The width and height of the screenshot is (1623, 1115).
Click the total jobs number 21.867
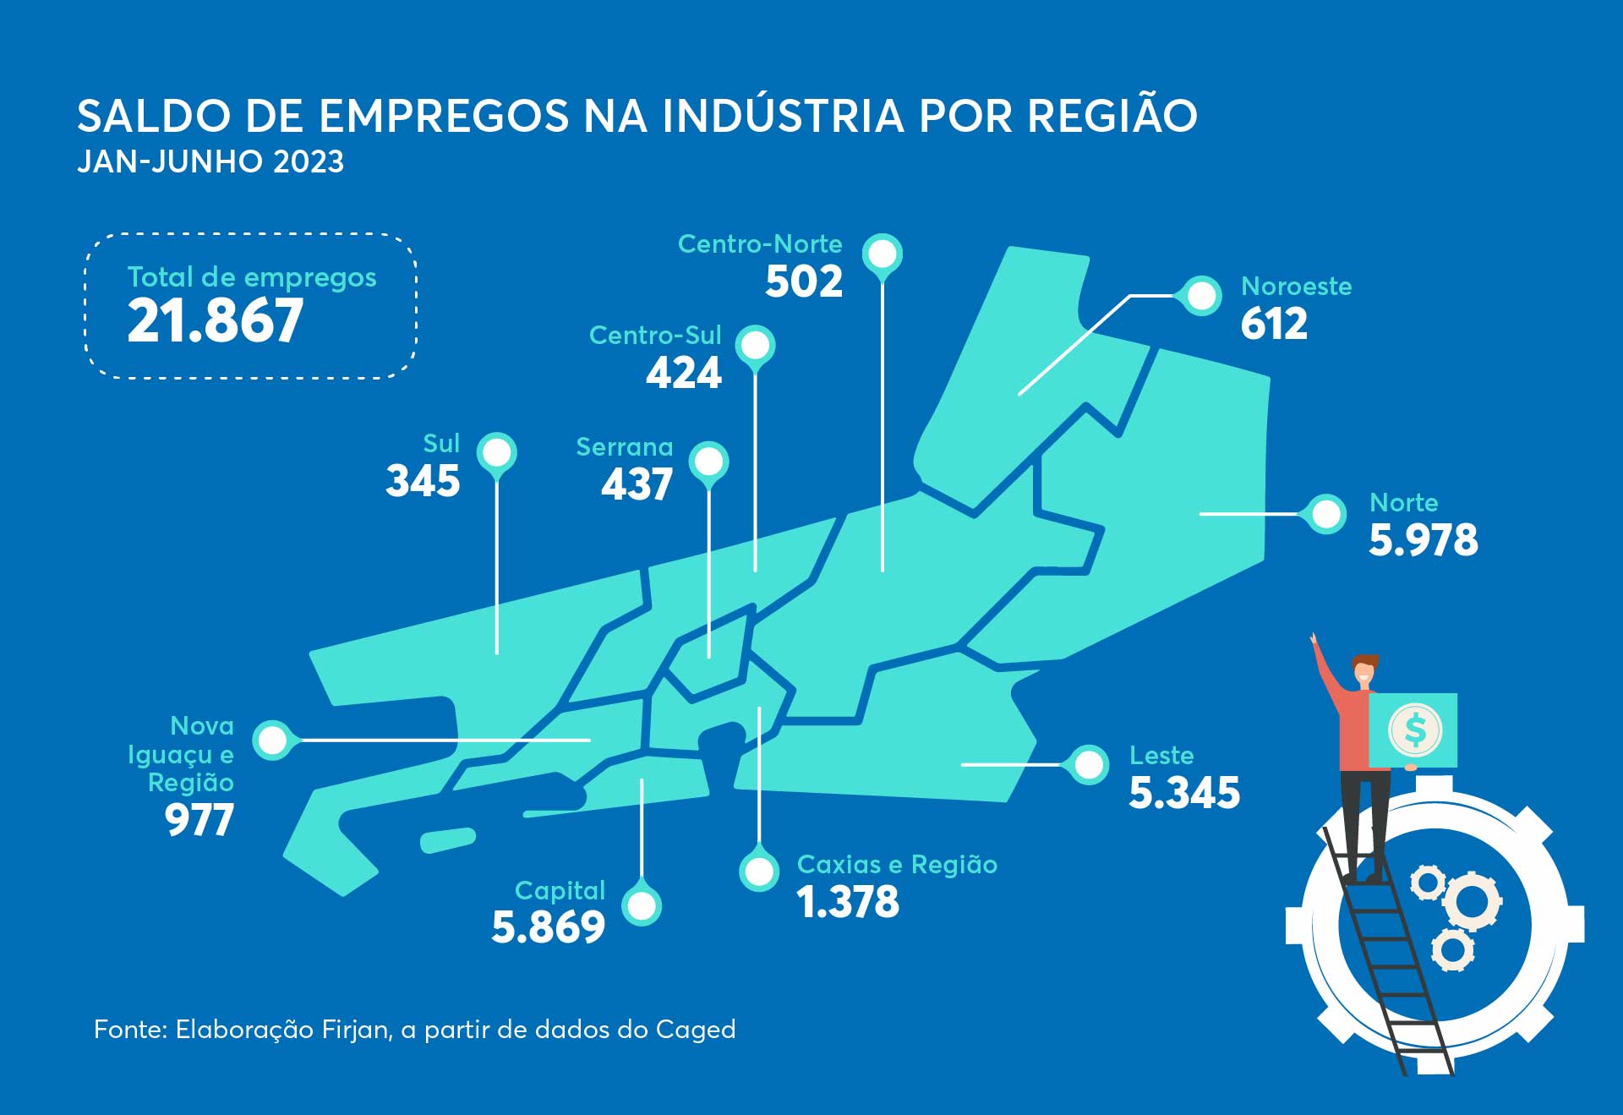[215, 321]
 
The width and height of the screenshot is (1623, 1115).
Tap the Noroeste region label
[1296, 287]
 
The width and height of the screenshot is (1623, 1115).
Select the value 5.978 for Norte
[1423, 540]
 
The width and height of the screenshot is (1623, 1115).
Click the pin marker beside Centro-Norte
[883, 254]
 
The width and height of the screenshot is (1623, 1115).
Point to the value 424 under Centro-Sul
[684, 373]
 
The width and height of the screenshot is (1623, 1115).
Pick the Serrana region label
[625, 446]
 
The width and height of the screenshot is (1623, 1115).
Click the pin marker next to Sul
[497, 453]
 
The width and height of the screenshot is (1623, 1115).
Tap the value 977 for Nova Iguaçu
[199, 820]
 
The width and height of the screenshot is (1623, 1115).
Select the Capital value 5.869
[549, 927]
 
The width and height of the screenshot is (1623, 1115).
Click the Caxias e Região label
[897, 865]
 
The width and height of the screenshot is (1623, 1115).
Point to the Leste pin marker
[1089, 765]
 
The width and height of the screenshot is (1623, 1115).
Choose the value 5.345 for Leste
[1184, 793]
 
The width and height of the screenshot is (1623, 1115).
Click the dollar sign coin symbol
[1414, 730]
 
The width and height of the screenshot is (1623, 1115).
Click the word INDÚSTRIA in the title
[783, 116]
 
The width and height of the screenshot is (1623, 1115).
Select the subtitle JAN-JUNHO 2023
[210, 161]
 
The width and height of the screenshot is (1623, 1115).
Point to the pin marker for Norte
[1326, 513]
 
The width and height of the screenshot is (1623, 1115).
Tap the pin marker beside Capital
[642, 905]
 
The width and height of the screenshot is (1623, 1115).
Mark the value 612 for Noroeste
[1274, 324]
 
